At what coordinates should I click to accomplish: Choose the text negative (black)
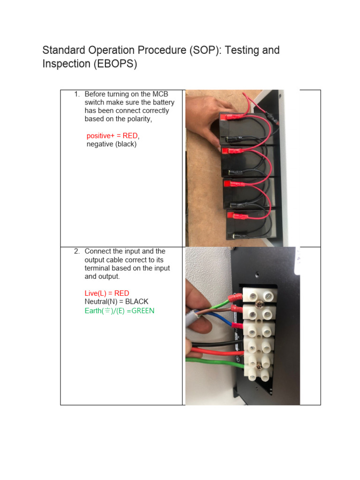click(x=112, y=144)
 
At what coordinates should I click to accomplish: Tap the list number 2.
click(x=77, y=252)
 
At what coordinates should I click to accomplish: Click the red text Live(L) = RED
click(x=107, y=293)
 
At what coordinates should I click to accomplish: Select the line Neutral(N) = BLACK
click(x=116, y=302)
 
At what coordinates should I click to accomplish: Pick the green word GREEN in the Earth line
click(x=143, y=310)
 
